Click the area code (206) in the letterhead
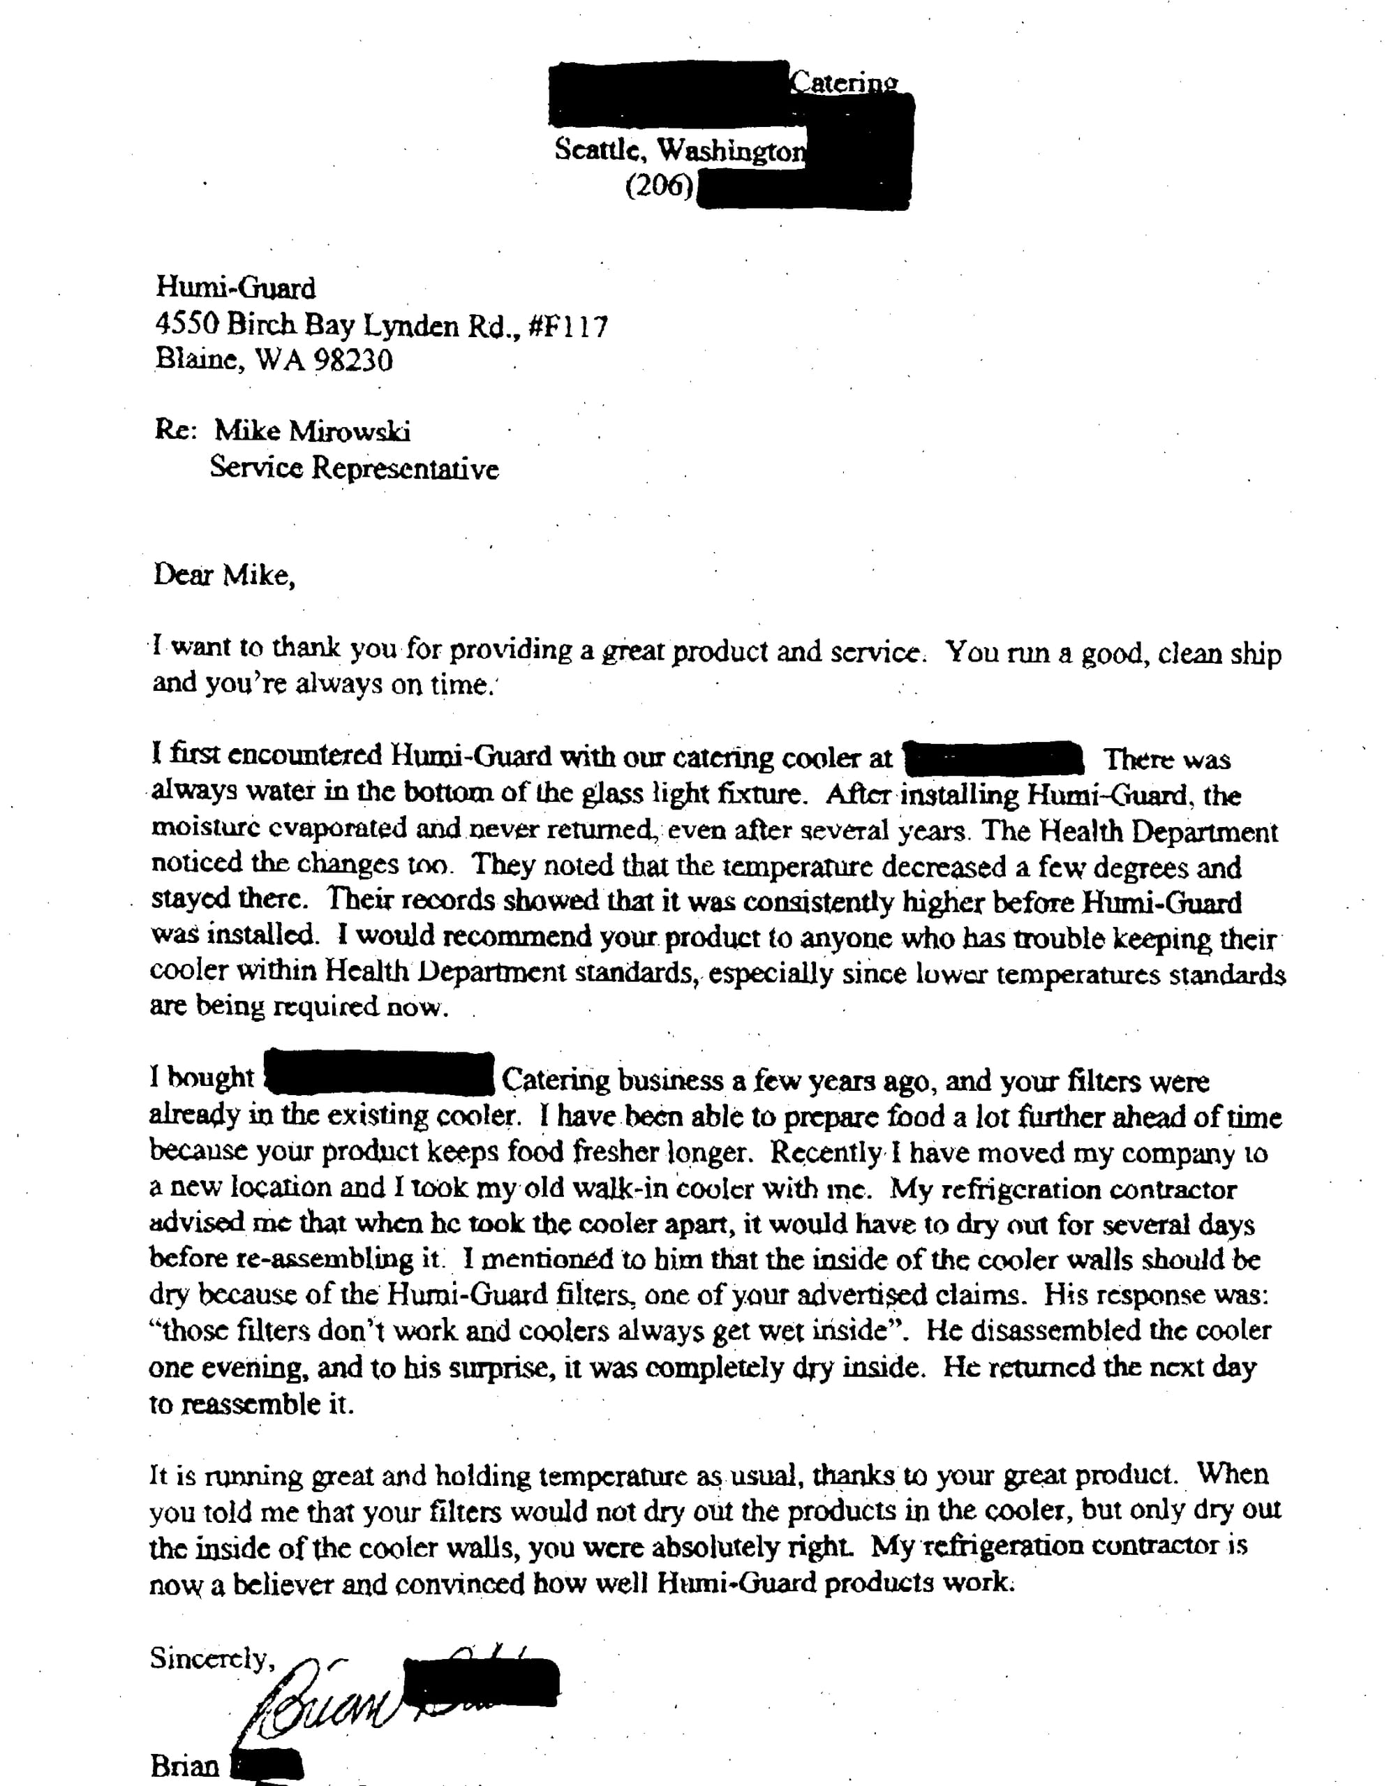click(x=658, y=187)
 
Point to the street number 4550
click(x=187, y=325)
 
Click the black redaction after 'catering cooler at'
click(x=995, y=758)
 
